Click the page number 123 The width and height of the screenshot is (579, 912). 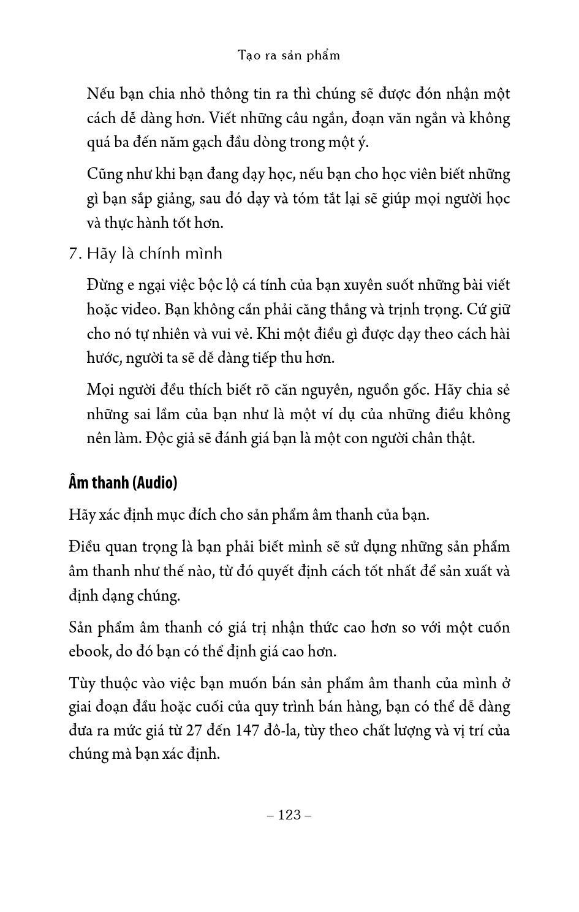click(x=289, y=815)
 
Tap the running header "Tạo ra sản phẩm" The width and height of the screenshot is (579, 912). click(x=289, y=55)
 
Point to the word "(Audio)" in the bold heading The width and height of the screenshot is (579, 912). click(x=156, y=483)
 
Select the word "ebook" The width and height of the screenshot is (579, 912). click(x=89, y=651)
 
